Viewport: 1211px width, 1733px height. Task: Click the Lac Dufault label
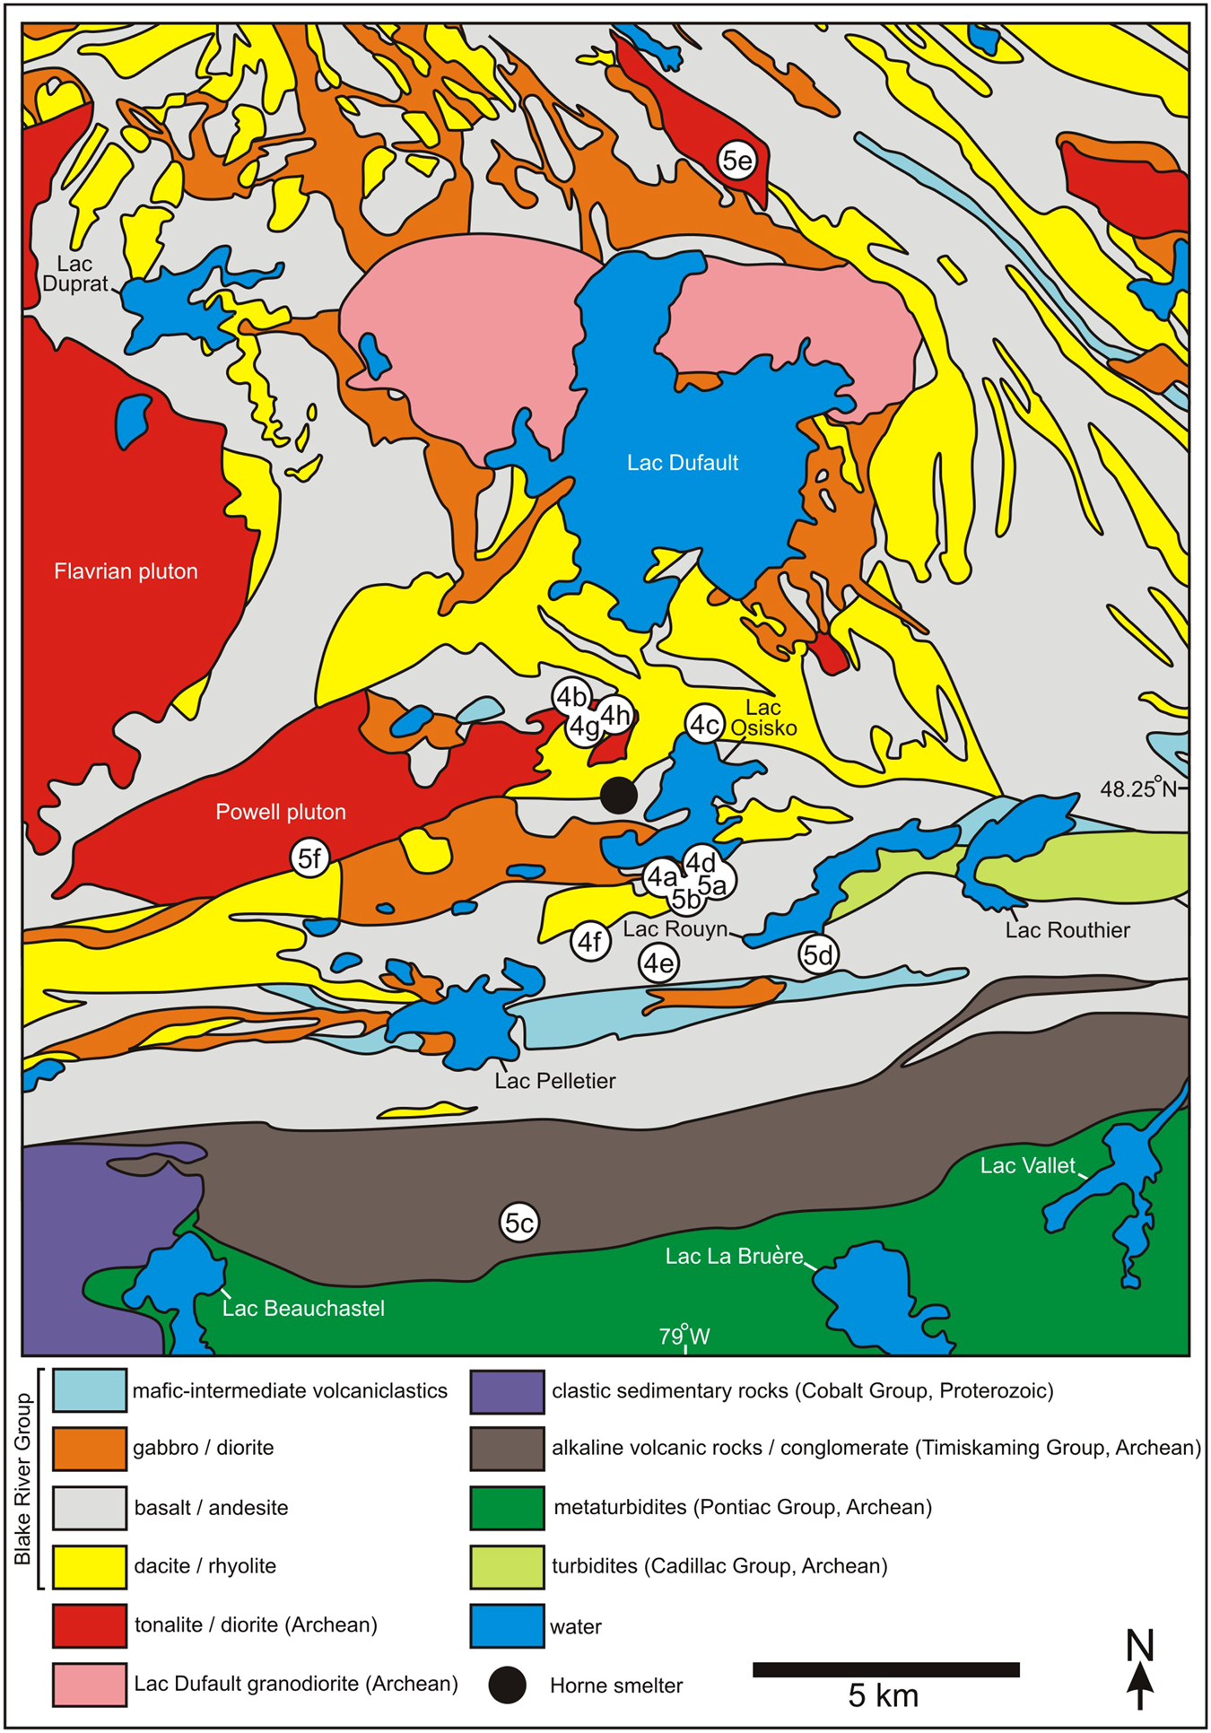[682, 463]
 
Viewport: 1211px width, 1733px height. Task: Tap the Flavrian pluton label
[126, 571]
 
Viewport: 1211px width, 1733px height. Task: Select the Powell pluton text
[281, 812]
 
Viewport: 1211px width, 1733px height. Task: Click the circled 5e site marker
[737, 161]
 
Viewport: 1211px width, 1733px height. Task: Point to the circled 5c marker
[519, 1223]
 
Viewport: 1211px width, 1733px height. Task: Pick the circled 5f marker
[309, 858]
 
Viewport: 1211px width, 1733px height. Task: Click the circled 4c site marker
[705, 724]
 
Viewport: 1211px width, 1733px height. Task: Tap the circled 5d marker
[818, 955]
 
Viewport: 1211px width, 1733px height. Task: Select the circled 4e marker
[658, 963]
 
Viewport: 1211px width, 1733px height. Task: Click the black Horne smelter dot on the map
[618, 795]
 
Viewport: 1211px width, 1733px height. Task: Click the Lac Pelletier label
[555, 1081]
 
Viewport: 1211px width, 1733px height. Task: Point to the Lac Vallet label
[1027, 1165]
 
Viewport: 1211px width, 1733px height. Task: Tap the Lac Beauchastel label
[303, 1308]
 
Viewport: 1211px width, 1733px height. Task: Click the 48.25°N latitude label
[1139, 788]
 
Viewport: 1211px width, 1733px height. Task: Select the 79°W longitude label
[684, 1337]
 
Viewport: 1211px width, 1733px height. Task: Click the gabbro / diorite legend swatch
[89, 1449]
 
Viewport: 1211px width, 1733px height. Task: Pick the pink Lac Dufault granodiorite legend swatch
[89, 1685]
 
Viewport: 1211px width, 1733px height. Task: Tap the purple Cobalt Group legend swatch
[507, 1391]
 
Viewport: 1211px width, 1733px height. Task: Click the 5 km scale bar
[885, 1669]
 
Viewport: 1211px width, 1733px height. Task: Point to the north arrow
[1139, 1670]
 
